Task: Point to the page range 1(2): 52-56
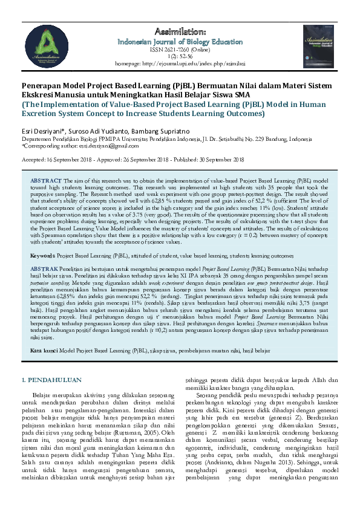tap(178, 57)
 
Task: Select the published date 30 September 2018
tap(215, 160)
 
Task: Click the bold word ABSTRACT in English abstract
tap(45, 181)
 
